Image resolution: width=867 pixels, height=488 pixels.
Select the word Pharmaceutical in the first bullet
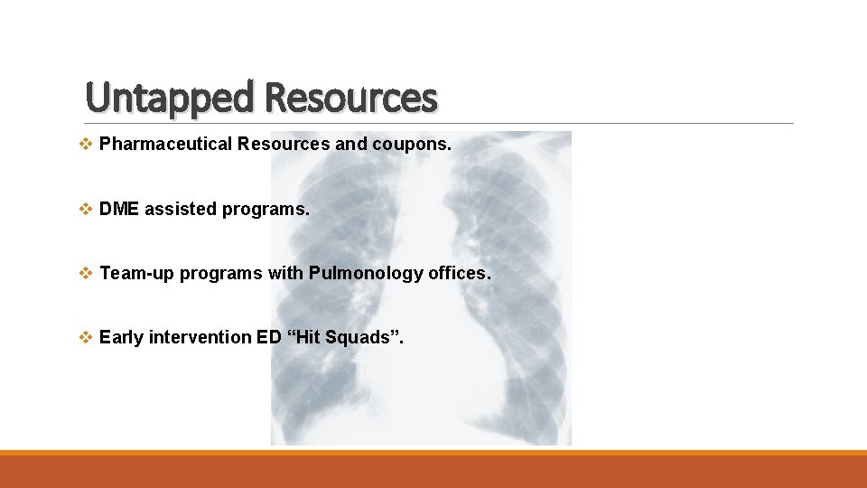click(166, 145)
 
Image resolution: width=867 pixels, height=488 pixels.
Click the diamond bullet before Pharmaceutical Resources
click(86, 145)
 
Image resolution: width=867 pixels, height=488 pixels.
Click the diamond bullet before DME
click(86, 209)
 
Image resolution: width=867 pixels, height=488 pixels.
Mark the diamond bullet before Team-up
click(86, 273)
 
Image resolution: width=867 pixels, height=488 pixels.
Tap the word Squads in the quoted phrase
click(365, 337)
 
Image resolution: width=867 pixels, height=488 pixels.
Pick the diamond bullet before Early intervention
click(86, 337)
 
